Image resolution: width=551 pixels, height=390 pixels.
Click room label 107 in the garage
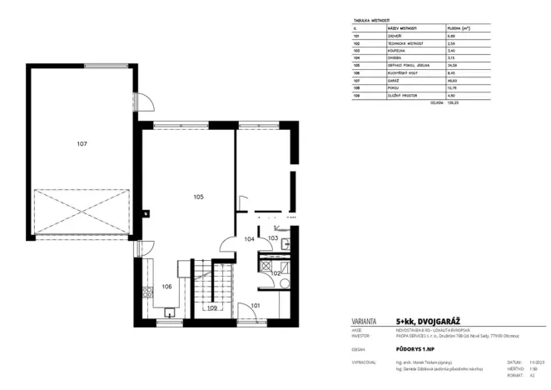(x=82, y=144)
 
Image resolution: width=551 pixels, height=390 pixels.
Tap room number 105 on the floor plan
(x=198, y=197)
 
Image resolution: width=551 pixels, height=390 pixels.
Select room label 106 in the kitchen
(x=166, y=286)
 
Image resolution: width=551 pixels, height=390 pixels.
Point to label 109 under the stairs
(x=212, y=308)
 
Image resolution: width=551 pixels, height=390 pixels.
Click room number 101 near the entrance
(x=256, y=306)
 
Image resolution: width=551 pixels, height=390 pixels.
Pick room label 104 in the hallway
(x=249, y=238)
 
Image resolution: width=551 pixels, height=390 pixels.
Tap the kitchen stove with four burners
(x=146, y=292)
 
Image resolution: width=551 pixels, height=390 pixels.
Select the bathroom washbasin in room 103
(x=285, y=244)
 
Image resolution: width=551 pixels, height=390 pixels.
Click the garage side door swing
(x=145, y=101)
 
